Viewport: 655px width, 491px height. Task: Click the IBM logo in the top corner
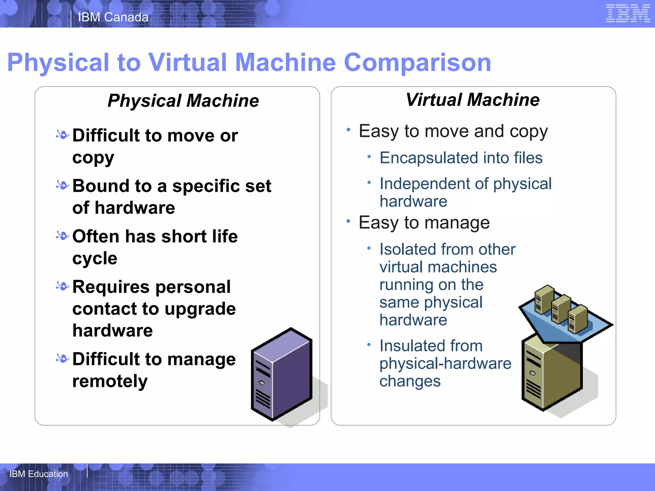[627, 13]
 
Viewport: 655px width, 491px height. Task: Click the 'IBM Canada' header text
[113, 17]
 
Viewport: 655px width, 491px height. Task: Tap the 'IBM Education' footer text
[39, 474]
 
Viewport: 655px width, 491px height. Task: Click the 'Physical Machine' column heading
[183, 101]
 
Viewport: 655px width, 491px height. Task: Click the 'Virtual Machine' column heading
[472, 100]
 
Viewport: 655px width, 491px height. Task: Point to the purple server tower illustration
[281, 374]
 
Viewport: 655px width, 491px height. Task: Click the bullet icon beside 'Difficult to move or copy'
[62, 135]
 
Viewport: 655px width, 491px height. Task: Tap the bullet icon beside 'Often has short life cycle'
[62, 236]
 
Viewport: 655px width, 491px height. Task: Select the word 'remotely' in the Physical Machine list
[110, 381]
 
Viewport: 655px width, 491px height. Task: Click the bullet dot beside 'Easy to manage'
[348, 221]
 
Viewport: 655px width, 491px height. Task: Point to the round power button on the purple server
[262, 383]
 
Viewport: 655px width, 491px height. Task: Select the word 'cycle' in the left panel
[95, 258]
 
